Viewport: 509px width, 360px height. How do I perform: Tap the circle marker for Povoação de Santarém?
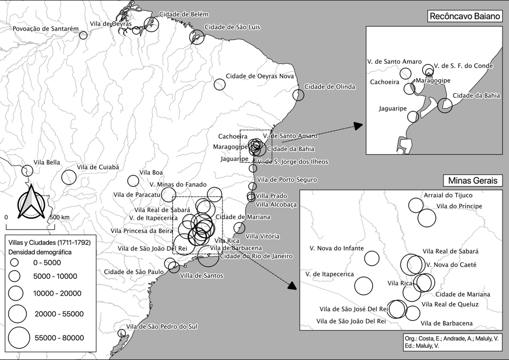[83, 35]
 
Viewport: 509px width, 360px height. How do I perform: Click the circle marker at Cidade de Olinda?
[298, 95]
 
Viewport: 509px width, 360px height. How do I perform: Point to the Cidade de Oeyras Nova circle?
[219, 84]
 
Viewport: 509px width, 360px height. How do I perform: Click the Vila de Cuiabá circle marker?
[69, 177]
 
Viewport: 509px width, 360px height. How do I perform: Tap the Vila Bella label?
[47, 162]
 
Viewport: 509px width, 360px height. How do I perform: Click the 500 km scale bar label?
[59, 217]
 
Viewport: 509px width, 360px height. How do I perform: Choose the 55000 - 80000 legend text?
[59, 338]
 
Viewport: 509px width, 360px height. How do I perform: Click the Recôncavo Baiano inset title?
[464, 16]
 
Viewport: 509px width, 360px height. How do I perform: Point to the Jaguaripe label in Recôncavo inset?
[393, 109]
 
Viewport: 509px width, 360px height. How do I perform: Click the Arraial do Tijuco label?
[448, 195]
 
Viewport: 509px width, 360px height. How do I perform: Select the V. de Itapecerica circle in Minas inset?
[363, 285]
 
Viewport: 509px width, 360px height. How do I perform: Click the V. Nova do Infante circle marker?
[372, 258]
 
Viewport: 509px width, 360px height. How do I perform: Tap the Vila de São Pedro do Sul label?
[162, 327]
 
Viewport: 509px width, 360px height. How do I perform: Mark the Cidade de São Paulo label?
[134, 272]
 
